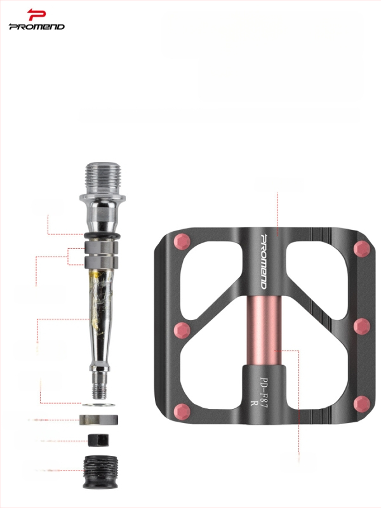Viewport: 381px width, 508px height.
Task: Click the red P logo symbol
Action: [36, 15]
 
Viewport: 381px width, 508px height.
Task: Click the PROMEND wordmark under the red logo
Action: [37, 27]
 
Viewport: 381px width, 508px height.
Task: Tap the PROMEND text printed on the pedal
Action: [264, 261]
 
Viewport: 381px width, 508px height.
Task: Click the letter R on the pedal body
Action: [253, 403]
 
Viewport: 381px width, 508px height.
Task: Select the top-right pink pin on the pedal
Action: [361, 248]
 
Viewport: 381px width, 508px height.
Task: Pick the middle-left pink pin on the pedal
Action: [182, 330]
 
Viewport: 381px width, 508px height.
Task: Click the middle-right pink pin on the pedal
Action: [361, 326]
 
